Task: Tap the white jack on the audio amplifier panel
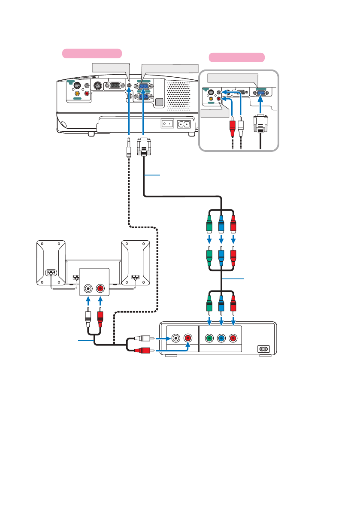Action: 88,289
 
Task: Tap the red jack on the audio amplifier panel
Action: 100,289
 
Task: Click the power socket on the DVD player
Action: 263,349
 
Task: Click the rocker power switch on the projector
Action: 166,124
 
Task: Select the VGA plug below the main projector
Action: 143,147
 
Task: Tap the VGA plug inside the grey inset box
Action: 261,124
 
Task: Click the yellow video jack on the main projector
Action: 77,93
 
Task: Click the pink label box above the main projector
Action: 92,53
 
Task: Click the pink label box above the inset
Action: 236,57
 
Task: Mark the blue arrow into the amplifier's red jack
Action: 100,300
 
